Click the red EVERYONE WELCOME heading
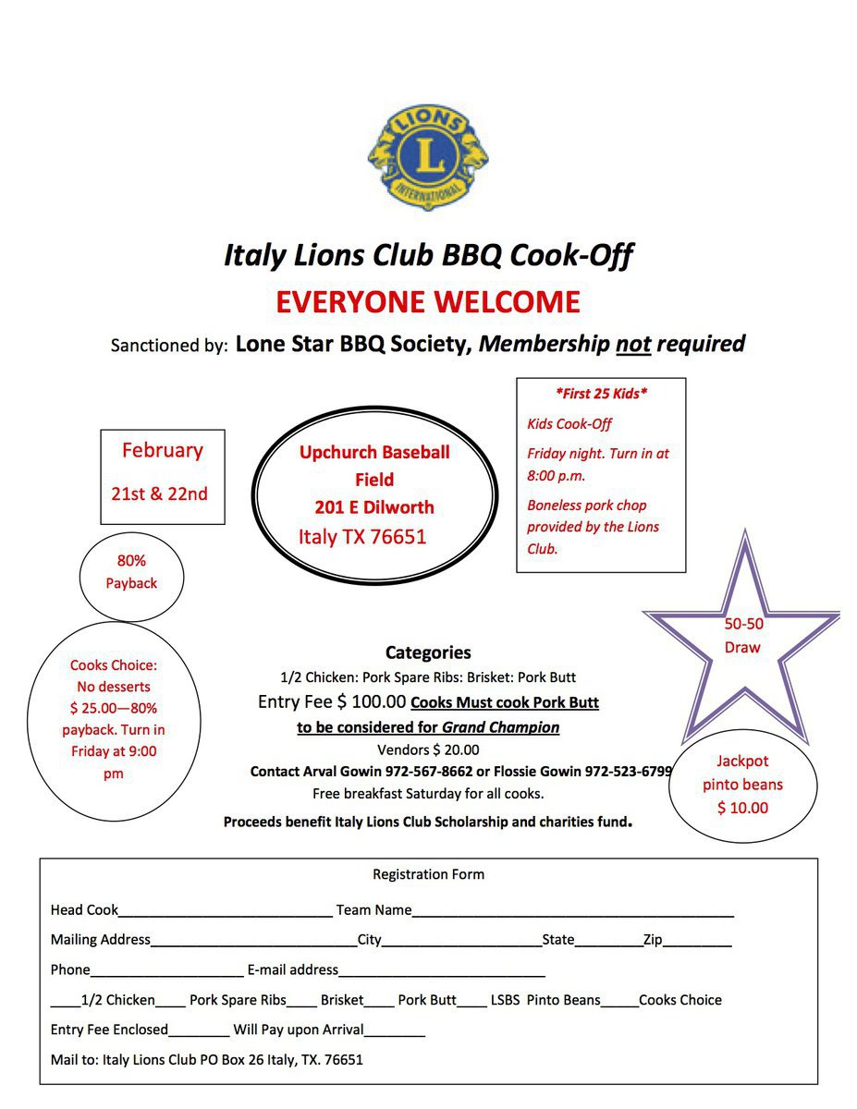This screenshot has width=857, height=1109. (x=428, y=302)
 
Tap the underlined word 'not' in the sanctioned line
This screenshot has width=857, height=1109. (x=633, y=345)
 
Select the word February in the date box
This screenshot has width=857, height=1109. (x=162, y=451)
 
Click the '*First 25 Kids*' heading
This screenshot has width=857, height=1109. (x=601, y=394)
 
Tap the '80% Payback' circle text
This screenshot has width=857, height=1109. (x=131, y=572)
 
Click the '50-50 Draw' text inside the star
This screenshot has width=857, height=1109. (x=743, y=636)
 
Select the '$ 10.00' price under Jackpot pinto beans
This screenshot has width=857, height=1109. (x=742, y=808)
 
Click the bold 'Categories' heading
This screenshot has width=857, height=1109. (x=428, y=652)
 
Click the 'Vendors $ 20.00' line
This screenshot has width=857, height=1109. (x=428, y=749)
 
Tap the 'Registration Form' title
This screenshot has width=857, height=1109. (x=428, y=874)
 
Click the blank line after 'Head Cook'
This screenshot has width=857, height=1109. (x=226, y=912)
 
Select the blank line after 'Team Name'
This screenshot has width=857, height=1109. (x=573, y=912)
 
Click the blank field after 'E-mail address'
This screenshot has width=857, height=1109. (x=442, y=972)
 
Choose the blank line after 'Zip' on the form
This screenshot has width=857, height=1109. (x=697, y=943)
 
